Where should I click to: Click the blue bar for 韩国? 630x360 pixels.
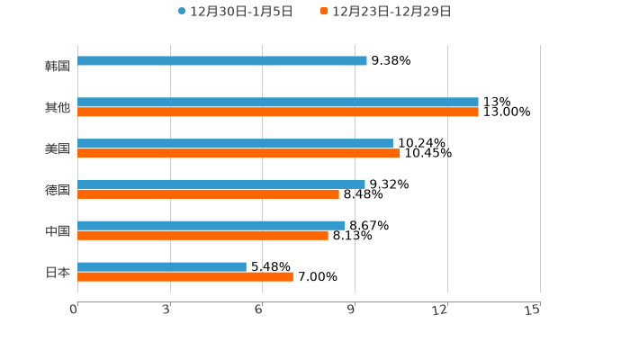222,61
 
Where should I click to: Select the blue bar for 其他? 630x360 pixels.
278,103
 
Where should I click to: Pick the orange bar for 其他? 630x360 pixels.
278,112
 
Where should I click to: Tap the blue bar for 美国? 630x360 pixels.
235,144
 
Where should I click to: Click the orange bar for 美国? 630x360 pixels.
238,154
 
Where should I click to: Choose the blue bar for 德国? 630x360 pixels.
221,184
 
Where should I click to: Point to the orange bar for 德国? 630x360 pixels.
208,194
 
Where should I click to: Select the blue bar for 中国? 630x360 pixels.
211,226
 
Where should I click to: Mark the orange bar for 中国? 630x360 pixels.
202,236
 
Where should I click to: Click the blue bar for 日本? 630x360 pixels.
162,267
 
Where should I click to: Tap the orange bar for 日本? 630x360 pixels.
185,277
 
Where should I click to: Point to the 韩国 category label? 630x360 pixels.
58,66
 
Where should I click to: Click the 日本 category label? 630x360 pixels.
58,272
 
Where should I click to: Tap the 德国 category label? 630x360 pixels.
58,190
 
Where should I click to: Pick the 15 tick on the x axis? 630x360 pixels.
534,310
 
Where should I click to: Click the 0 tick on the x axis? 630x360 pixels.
74,310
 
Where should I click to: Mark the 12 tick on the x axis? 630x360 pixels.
440,310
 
